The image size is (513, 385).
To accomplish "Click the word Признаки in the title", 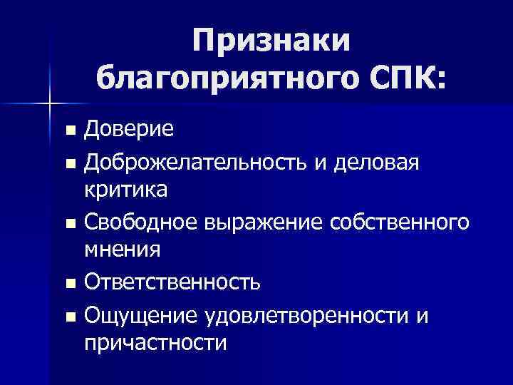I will pyautogui.click(x=271, y=41).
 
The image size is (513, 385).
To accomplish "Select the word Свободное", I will pyautogui.click(x=141, y=222).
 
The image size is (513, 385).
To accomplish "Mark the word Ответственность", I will pyautogui.click(x=172, y=283).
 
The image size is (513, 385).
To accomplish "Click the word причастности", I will pyautogui.click(x=155, y=344).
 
